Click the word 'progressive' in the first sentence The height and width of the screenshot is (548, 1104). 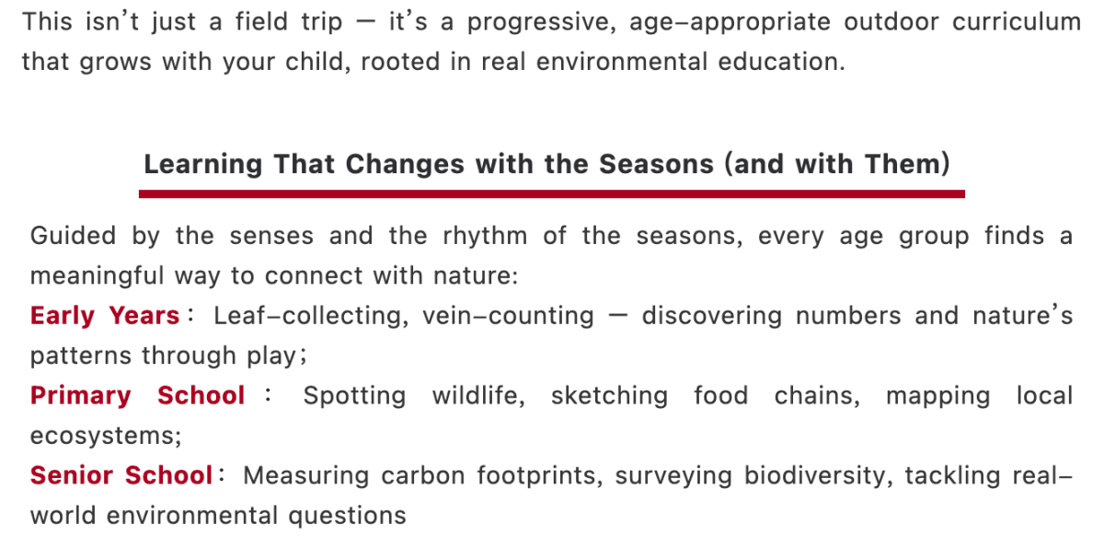pyautogui.click(x=541, y=23)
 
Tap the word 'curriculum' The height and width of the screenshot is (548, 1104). pyautogui.click(x=1017, y=22)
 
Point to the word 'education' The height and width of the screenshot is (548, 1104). pyautogui.click(x=781, y=62)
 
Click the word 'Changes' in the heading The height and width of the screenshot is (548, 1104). pyautogui.click(x=405, y=164)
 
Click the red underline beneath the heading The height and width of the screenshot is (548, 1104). pyautogui.click(x=551, y=193)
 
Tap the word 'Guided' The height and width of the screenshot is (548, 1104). pyautogui.click(x=73, y=235)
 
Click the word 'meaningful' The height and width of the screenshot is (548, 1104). pyautogui.click(x=97, y=276)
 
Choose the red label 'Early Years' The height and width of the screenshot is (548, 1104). pyautogui.click(x=105, y=316)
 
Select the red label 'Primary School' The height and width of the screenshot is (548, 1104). pyautogui.click(x=137, y=396)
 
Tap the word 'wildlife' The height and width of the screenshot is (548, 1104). pyautogui.click(x=478, y=396)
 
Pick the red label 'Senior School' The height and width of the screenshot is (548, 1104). pyautogui.click(x=121, y=475)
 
